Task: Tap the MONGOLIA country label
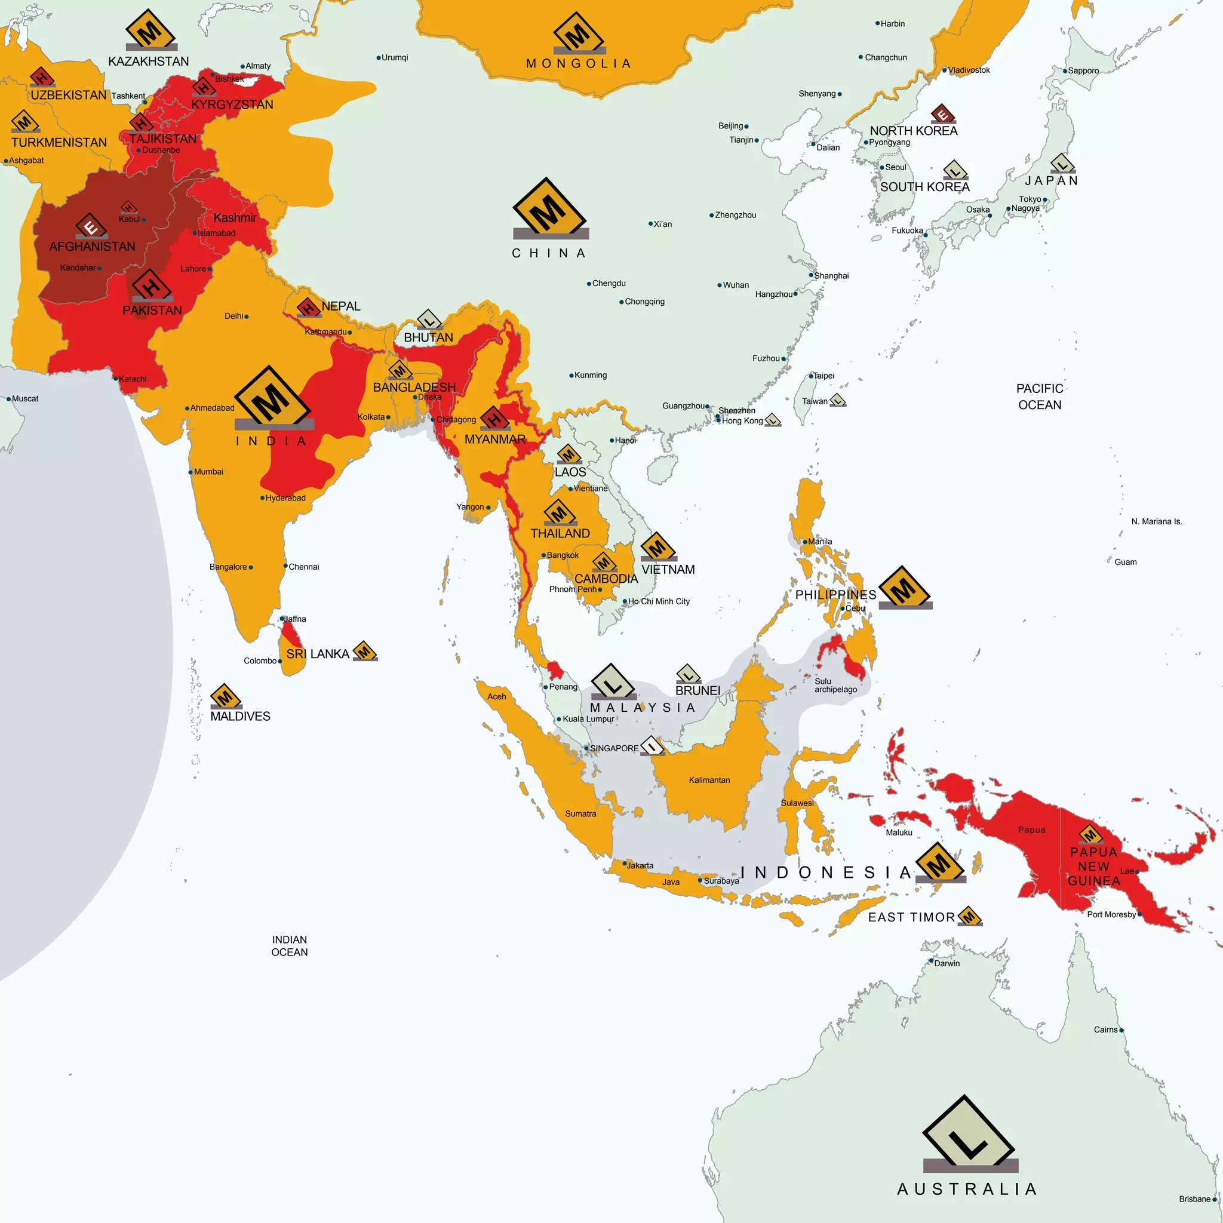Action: coord(578,64)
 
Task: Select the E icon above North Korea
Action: coord(942,114)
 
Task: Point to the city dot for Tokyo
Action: coord(1045,199)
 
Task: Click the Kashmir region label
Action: coord(235,218)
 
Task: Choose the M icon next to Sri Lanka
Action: coord(365,651)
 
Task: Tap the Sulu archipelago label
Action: coord(835,686)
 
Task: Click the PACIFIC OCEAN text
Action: coord(1040,397)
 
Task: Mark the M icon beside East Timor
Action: coord(969,916)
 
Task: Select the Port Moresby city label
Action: coord(1111,915)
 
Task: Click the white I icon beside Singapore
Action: coord(652,746)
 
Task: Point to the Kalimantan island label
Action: coord(709,780)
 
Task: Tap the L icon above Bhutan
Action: coord(429,319)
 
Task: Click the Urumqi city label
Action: coord(394,57)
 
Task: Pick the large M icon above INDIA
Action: coord(273,398)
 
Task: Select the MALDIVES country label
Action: coord(240,716)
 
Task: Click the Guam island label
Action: coord(1125,562)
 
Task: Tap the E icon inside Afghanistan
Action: coord(91,226)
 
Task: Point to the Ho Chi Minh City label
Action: coord(658,601)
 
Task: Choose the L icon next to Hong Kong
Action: coord(772,420)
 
